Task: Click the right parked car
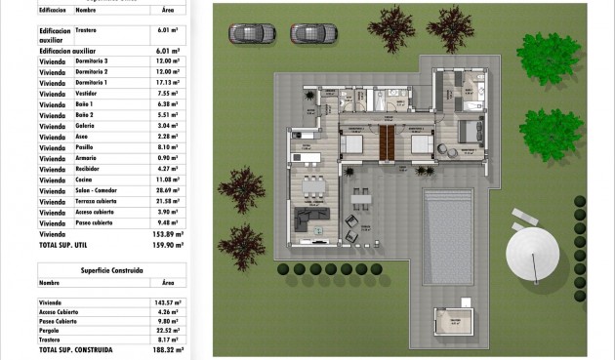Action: (313, 33)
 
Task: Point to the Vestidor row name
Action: (88, 95)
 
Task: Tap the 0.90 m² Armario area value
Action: (168, 158)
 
